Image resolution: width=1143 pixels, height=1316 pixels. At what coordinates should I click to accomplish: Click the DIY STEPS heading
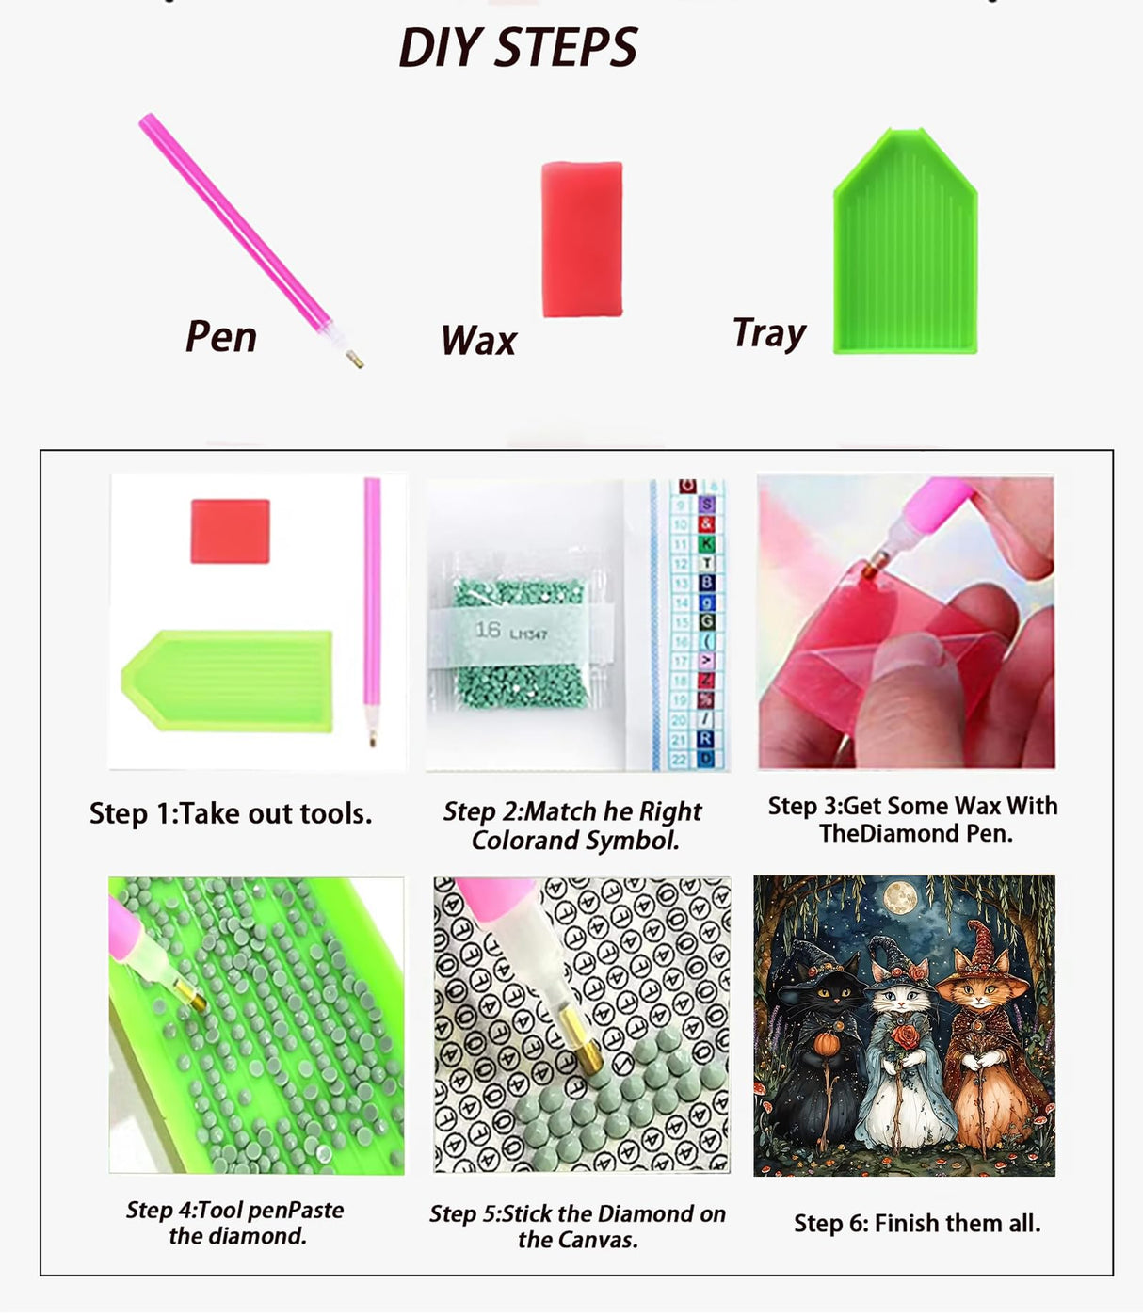(518, 47)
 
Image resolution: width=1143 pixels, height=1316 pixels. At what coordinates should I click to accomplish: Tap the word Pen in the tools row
(221, 336)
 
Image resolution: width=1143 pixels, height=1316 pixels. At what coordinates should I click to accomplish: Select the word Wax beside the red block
(478, 340)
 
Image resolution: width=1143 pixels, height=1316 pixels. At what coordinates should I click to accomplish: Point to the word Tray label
(769, 333)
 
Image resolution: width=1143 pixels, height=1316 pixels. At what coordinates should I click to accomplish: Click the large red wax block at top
(582, 239)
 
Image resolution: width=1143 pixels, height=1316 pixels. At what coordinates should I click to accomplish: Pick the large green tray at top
(906, 241)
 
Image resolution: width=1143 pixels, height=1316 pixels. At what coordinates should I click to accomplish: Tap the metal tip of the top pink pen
(354, 359)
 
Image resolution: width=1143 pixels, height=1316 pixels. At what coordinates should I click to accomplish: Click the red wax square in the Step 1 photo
(231, 531)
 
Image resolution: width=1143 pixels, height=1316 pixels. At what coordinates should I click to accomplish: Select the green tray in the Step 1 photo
(227, 681)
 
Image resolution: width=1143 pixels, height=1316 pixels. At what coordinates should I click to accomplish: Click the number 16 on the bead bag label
(488, 630)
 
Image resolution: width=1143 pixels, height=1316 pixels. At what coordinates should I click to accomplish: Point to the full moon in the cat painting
(899, 898)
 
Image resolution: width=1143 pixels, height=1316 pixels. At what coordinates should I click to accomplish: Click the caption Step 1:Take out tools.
(231, 813)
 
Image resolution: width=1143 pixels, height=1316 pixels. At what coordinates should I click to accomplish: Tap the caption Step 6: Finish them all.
(917, 1223)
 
